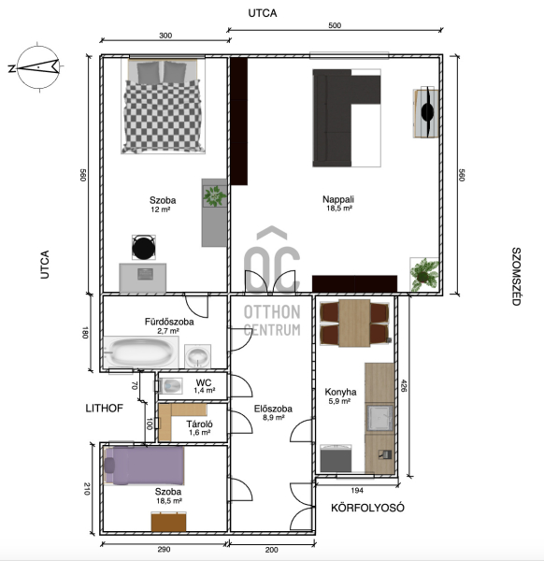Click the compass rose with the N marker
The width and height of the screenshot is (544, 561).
coord(37,67)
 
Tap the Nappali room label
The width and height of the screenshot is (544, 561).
coord(338,199)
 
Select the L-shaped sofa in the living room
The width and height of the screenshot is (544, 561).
coord(346,118)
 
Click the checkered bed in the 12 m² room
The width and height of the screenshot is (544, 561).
coord(163,107)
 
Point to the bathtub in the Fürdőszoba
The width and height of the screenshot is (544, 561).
coord(141,352)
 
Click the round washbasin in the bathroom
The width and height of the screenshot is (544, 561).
coord(198,356)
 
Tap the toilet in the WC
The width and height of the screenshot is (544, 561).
coord(169,386)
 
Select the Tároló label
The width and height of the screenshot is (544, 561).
coord(199,424)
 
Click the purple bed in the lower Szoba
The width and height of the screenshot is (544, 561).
coord(144,466)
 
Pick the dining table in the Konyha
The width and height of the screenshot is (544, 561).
coord(354,324)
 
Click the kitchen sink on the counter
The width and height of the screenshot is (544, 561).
coord(379,418)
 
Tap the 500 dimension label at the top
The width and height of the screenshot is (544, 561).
coord(335,25)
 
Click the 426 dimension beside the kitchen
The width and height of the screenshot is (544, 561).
coord(404,385)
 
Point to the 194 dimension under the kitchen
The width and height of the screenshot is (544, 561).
coord(357,490)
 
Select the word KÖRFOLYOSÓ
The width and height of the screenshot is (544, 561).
coord(367,508)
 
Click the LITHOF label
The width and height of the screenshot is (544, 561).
coord(105,409)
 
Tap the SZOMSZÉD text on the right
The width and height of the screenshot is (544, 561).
coord(516,276)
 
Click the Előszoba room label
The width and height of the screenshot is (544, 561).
coord(273,409)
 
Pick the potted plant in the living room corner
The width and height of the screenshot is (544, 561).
coord(424,274)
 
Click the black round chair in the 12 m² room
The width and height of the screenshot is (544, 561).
coord(143,247)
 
